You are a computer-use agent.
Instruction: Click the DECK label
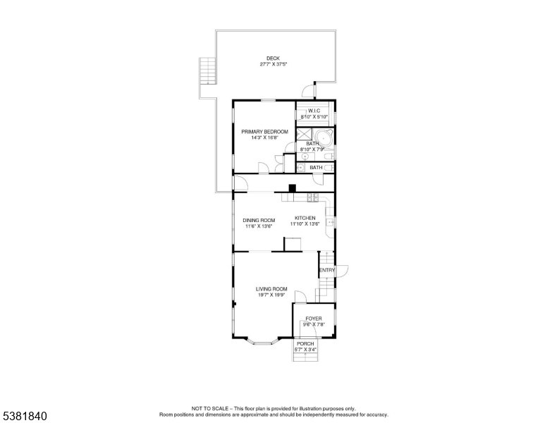pyautogui.click(x=273, y=59)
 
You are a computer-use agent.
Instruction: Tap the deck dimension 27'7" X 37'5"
pyautogui.click(x=273, y=64)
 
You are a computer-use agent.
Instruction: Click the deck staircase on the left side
pyautogui.click(x=207, y=70)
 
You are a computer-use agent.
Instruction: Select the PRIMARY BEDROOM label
pyautogui.click(x=265, y=132)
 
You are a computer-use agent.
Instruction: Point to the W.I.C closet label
pyautogui.click(x=314, y=111)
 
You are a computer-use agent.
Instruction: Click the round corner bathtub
pyautogui.click(x=324, y=138)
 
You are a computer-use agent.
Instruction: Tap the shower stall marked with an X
pyautogui.click(x=304, y=135)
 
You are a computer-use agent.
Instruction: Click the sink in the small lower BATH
pyautogui.click(x=301, y=168)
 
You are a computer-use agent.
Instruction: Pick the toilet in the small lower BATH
pyautogui.click(x=329, y=168)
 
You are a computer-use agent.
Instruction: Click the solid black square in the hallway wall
pyautogui.click(x=292, y=188)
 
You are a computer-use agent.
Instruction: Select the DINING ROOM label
pyautogui.click(x=259, y=220)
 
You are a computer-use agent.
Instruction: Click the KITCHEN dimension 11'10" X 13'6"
pyautogui.click(x=305, y=224)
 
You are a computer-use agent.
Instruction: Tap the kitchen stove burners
pyautogui.click(x=312, y=197)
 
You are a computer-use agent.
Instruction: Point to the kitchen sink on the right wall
pyautogui.click(x=330, y=222)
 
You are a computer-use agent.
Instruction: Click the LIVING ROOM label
pyautogui.click(x=271, y=289)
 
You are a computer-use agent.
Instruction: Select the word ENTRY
pyautogui.click(x=327, y=270)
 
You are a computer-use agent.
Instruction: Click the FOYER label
pyautogui.click(x=314, y=319)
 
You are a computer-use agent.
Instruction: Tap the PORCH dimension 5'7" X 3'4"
pyautogui.click(x=306, y=350)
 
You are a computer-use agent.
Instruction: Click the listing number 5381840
pyautogui.click(x=25, y=416)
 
